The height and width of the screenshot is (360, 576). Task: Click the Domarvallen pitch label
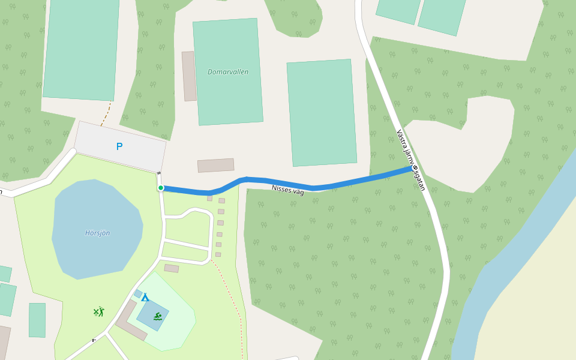228,72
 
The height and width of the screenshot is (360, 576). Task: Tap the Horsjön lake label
97,233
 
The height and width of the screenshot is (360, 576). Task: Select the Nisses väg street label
287,190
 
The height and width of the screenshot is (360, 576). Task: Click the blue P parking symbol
119,146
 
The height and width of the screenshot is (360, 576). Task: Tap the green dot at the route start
161,188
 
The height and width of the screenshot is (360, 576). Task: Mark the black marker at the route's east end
415,167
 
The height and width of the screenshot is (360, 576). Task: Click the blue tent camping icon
145,297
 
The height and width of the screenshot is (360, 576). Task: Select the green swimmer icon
157,316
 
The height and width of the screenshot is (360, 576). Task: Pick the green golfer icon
99,312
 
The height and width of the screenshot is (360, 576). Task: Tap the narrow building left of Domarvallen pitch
189,76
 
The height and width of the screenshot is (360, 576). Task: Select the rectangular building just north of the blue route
215,166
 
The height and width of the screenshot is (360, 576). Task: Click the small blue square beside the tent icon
138,293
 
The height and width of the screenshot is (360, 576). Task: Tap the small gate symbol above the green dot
159,173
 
